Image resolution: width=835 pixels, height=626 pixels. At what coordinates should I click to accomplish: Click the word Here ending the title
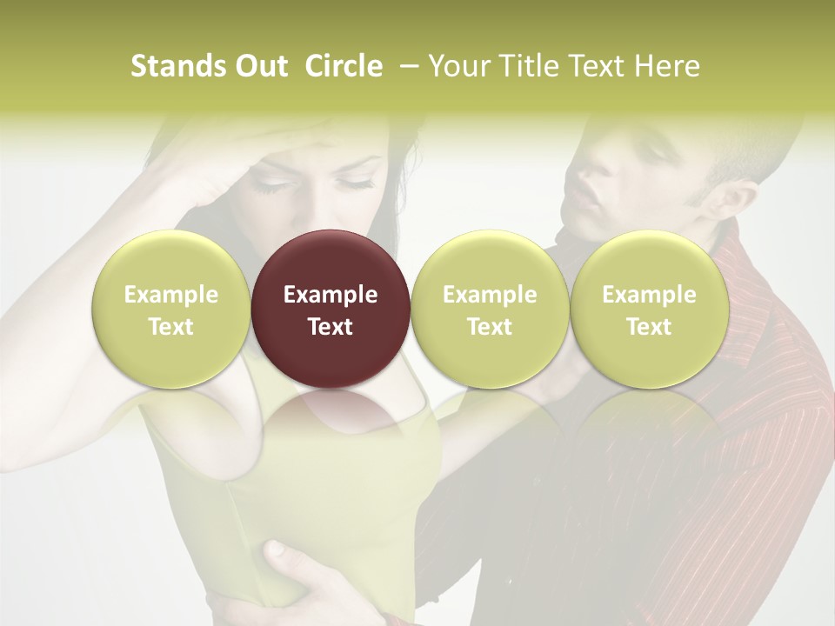tap(668, 66)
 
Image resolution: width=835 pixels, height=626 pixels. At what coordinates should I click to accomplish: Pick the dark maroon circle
tap(331, 309)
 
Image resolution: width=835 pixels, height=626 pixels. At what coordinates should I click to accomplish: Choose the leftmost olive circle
tap(171, 309)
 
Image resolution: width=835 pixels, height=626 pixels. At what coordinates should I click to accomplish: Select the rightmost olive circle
tap(649, 309)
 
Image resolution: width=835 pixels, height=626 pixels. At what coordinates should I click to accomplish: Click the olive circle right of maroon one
tap(490, 309)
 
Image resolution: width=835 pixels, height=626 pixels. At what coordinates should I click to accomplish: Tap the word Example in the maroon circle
tap(331, 295)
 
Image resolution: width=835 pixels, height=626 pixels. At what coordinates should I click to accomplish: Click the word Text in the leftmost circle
tap(171, 327)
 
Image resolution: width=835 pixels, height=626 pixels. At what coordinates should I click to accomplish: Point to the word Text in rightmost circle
tap(649, 327)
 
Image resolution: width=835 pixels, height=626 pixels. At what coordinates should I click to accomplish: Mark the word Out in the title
tap(259, 66)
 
